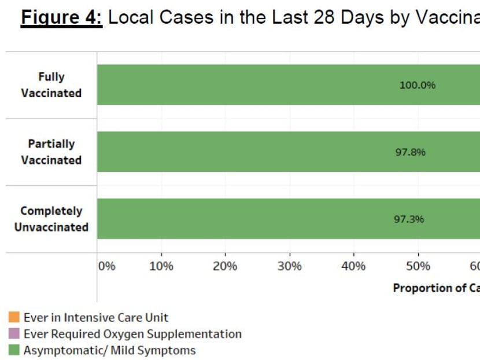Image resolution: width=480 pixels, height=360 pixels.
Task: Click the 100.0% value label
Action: tap(417, 85)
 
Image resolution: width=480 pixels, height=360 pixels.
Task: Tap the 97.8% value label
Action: tap(410, 152)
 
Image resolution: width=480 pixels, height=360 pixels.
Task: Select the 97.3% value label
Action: tap(409, 219)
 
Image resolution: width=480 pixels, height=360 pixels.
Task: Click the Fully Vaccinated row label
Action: tap(51, 85)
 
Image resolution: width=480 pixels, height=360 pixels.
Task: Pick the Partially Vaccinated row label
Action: tap(51, 152)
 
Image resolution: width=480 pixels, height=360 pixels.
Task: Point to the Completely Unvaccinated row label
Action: tap(51, 219)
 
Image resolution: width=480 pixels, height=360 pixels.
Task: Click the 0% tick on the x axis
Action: tap(107, 266)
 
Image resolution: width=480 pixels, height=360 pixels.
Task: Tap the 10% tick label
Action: tap(161, 266)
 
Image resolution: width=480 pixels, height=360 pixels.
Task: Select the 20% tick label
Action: tap(225, 266)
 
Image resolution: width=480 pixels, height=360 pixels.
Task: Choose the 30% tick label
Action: tap(289, 266)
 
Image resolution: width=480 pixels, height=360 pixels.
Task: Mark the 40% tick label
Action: tap(353, 266)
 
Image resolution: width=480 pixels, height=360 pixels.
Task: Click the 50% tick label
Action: tap(418, 266)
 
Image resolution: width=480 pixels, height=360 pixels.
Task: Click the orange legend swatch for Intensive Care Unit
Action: tap(14, 317)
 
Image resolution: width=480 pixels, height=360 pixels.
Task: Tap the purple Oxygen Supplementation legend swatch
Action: tap(14, 334)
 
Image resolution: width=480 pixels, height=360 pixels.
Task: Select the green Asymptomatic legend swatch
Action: tap(14, 350)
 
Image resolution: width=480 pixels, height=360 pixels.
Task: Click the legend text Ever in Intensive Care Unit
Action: tap(96, 317)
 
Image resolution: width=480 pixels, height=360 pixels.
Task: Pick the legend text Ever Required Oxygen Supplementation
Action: tap(132, 334)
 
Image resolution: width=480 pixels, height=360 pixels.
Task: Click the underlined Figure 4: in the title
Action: tap(61, 17)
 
